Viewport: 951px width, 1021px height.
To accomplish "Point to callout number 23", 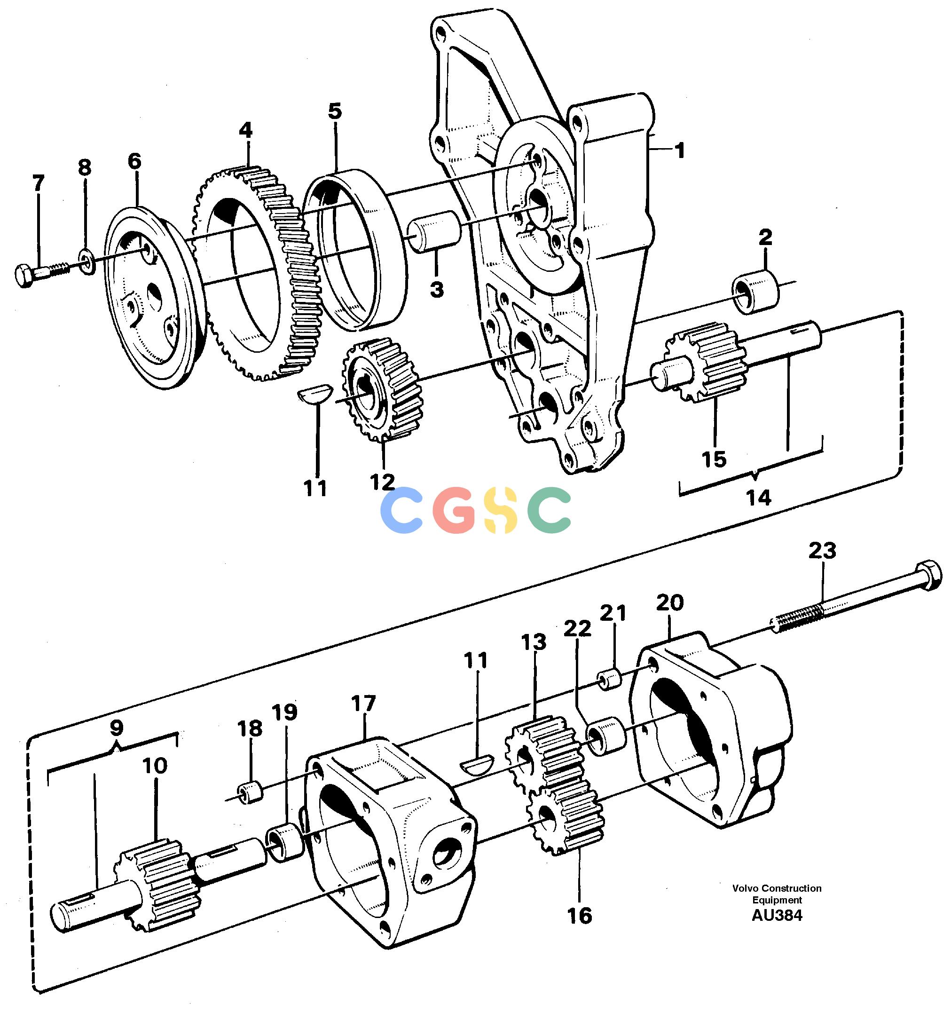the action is coord(822,551).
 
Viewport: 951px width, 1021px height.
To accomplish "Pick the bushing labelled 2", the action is coord(756,292).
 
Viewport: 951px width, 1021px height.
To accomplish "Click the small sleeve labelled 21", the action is coord(611,679).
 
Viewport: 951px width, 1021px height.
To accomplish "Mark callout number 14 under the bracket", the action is coord(758,497).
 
